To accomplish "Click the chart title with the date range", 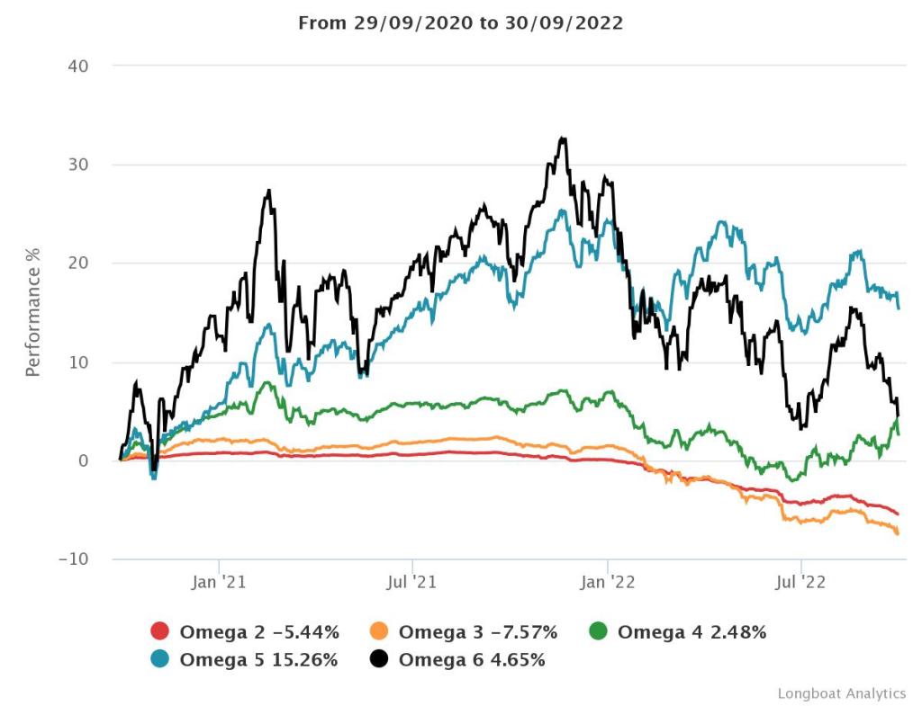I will [460, 23].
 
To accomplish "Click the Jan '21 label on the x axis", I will [219, 583].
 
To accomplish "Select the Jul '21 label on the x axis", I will [412, 583].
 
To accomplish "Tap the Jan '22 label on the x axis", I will [608, 583].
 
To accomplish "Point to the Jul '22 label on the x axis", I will [801, 583].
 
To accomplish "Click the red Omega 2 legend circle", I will [160, 632].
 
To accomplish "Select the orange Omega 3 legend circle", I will [380, 632].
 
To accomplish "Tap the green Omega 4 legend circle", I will [599, 632].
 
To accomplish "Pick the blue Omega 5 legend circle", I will [160, 659].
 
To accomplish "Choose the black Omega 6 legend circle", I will [380, 659].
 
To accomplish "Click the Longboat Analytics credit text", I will [842, 693].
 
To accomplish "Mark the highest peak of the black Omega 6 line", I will [563, 139].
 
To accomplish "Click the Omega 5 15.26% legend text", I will [259, 659].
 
